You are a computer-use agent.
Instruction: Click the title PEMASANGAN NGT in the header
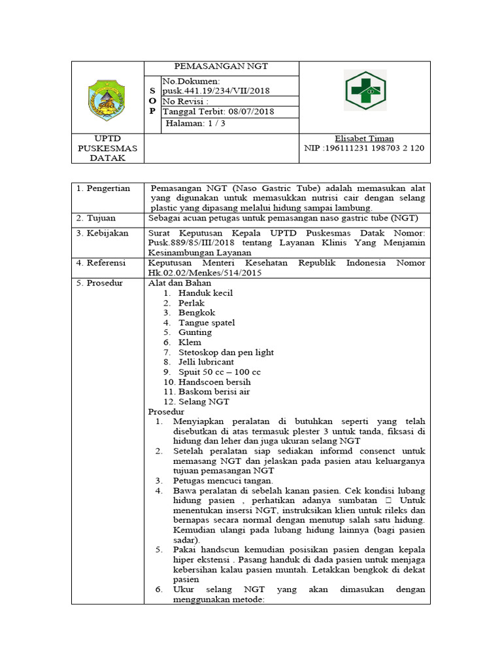coord(220,67)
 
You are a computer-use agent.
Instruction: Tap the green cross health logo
coord(365,90)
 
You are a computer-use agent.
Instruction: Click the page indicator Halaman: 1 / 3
coord(195,123)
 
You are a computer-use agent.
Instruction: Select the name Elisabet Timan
coord(365,139)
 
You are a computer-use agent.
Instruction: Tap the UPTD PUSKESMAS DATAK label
coord(108,149)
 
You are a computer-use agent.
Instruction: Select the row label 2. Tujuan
coord(97,218)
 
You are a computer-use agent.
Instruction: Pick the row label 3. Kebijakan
coord(103,233)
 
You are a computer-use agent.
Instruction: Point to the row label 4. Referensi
coord(103,263)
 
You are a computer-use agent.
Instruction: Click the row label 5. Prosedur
coord(101,283)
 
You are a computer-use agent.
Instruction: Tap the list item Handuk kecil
coord(205,293)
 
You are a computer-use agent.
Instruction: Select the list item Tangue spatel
coord(207,323)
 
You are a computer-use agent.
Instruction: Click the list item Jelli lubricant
coord(206,362)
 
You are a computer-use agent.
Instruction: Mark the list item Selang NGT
coord(204,402)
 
